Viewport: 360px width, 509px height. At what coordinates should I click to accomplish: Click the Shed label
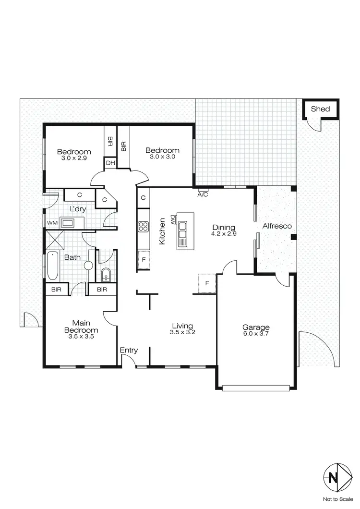tap(320, 109)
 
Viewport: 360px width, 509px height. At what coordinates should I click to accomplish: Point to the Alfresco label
tap(277, 226)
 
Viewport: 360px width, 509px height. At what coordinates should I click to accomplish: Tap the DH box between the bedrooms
tap(110, 163)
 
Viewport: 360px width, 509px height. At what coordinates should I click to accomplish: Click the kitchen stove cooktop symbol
tap(144, 226)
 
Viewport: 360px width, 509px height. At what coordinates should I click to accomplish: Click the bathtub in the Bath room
tap(52, 266)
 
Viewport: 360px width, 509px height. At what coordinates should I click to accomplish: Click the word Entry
tap(129, 351)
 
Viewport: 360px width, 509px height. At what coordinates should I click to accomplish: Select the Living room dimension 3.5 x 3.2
tap(183, 332)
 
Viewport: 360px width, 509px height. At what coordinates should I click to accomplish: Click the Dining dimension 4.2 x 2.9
tap(224, 234)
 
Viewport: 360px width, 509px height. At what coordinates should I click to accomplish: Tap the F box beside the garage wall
tap(207, 283)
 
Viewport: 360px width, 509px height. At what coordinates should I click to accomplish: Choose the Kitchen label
tap(163, 231)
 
